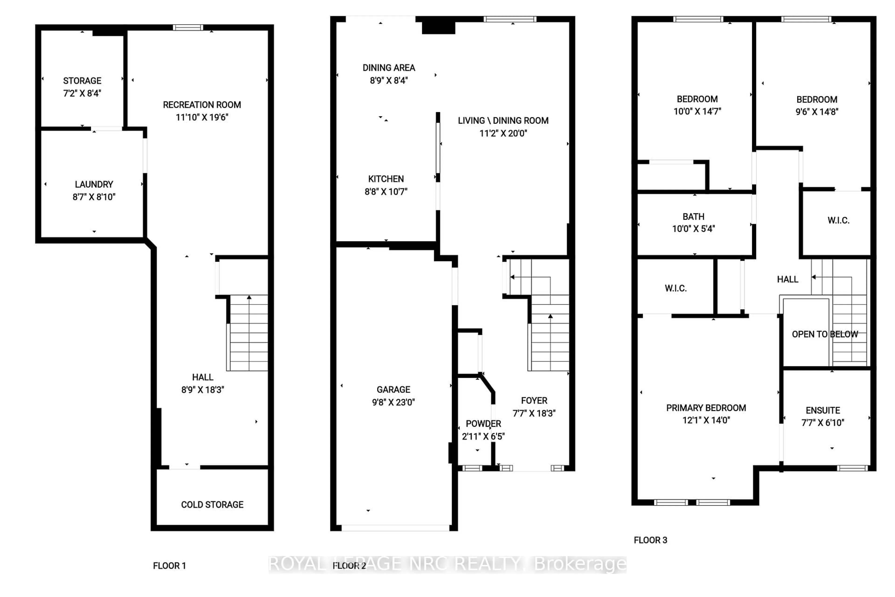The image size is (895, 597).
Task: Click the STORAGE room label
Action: (82, 81)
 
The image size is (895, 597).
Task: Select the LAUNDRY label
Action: (94, 184)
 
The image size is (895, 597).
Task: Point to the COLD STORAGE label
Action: (212, 504)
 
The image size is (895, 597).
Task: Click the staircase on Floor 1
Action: (248, 333)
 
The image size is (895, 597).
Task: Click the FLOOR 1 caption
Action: (169, 566)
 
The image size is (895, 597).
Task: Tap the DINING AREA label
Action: (389, 68)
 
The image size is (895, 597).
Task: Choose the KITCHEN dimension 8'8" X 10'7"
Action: (386, 191)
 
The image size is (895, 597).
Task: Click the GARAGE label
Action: (393, 389)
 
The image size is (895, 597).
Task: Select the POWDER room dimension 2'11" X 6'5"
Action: (483, 436)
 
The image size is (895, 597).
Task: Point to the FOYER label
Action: (534, 401)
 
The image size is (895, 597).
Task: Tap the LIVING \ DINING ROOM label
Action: (503, 121)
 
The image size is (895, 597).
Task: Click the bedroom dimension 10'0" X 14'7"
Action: (697, 111)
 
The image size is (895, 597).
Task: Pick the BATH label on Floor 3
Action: (693, 217)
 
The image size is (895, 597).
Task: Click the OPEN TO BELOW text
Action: (825, 334)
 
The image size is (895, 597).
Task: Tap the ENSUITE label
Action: (823, 410)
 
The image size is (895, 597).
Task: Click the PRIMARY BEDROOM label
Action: (706, 408)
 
